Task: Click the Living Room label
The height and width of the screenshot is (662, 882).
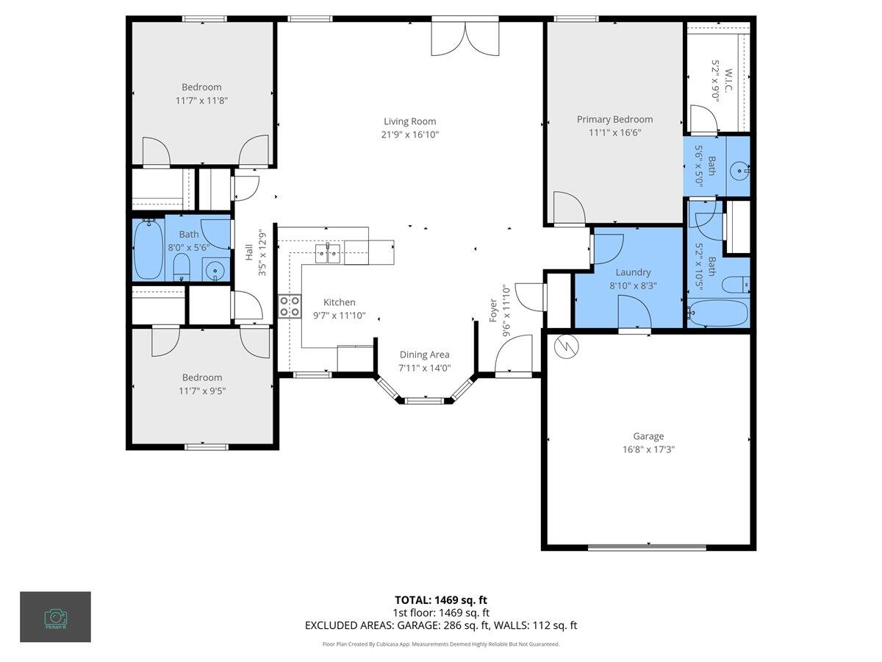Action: [x=409, y=121]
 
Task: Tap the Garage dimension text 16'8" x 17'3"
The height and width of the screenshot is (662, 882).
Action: [x=648, y=449]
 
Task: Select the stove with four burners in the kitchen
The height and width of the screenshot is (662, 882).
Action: [x=290, y=305]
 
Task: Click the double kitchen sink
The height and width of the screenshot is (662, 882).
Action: [x=329, y=254]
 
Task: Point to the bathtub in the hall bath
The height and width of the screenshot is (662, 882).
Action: [x=148, y=250]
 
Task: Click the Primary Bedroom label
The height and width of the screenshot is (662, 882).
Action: [x=614, y=119]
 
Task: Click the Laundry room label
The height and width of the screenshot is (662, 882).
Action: [x=633, y=272]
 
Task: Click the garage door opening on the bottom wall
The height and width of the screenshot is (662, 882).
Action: [x=647, y=547]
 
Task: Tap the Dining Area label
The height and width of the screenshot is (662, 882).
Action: [x=424, y=355]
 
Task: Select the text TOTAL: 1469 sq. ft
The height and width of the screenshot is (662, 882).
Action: [x=440, y=599]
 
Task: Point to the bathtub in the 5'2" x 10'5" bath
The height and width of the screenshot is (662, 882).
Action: [x=718, y=313]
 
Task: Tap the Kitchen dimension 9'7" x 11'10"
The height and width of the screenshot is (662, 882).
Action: [x=339, y=316]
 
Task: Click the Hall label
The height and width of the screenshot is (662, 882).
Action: [x=249, y=252]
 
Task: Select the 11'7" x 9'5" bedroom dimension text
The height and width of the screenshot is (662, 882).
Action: [x=201, y=391]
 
